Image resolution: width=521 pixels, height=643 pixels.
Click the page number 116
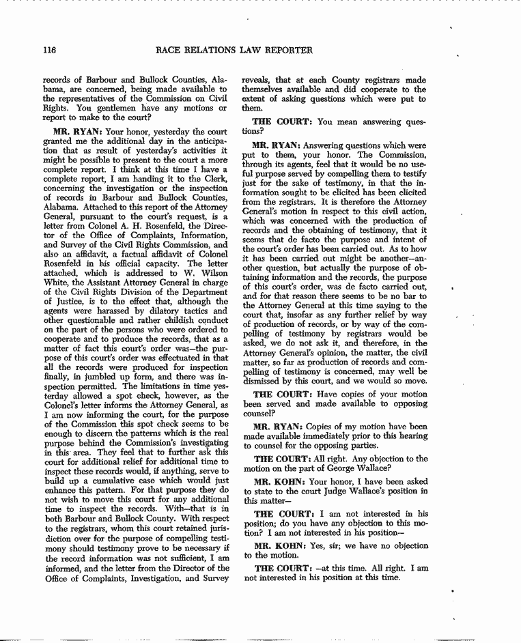48,50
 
